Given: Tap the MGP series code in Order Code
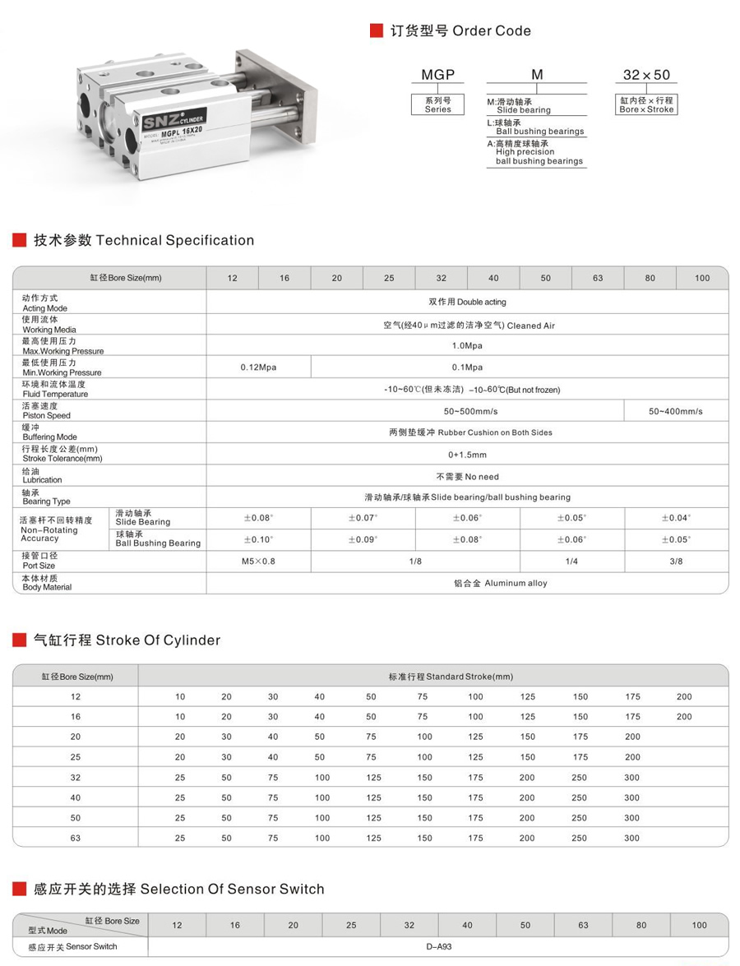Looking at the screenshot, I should (x=437, y=75).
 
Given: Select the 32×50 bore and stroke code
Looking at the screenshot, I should (x=646, y=75).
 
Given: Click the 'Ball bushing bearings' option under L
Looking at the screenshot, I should (x=539, y=132).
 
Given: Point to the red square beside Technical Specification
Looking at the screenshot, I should (x=20, y=241).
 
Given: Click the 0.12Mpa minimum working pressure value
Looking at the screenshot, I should (x=258, y=367).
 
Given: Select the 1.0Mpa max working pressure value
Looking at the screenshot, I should (x=467, y=346).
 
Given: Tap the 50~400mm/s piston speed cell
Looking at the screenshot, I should (x=676, y=411).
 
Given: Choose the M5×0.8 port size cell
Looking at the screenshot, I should (x=258, y=562).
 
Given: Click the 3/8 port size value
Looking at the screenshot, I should (x=676, y=562).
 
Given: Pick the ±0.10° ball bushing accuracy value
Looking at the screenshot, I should (x=258, y=540).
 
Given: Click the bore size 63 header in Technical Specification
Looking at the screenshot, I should (x=598, y=278).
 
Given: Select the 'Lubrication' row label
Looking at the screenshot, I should (x=42, y=476).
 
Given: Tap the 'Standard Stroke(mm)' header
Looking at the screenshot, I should (x=451, y=677).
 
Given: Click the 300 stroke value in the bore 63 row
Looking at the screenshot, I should (x=631, y=838).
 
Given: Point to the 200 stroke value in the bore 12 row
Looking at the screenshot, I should (x=684, y=696).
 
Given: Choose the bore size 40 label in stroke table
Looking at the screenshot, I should (x=76, y=797).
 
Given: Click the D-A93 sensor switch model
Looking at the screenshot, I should (x=438, y=946).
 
